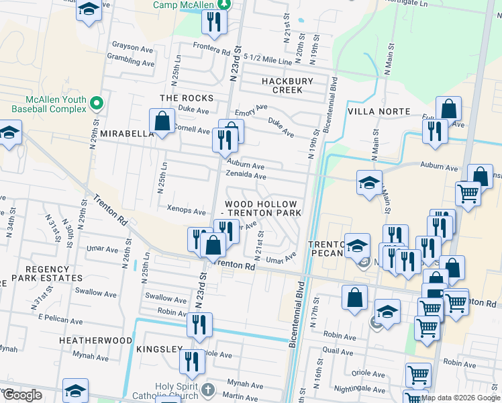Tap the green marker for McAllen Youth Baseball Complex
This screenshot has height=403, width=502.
coord(97,103)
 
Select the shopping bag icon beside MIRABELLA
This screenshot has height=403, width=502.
coord(162,122)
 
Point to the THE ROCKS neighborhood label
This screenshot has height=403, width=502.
coord(187,98)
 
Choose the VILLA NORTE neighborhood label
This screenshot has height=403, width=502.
coord(379,111)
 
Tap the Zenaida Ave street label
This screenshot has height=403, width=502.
coord(246,177)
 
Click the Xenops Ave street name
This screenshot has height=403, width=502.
coord(186,212)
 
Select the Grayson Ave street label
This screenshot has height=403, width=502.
coord(133,48)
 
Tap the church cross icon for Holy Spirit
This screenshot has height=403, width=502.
coord(209,390)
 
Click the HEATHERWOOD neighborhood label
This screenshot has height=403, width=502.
coord(95,341)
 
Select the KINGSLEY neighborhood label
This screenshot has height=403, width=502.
coord(159,350)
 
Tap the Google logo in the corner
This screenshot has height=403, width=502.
coord(21,395)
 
